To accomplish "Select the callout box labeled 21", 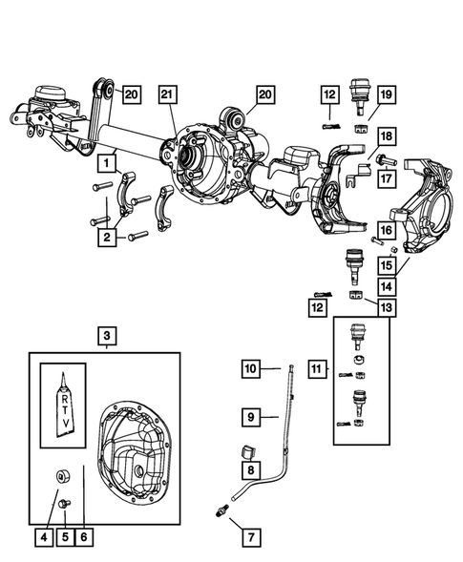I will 168,94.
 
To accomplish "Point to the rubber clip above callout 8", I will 250,448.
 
